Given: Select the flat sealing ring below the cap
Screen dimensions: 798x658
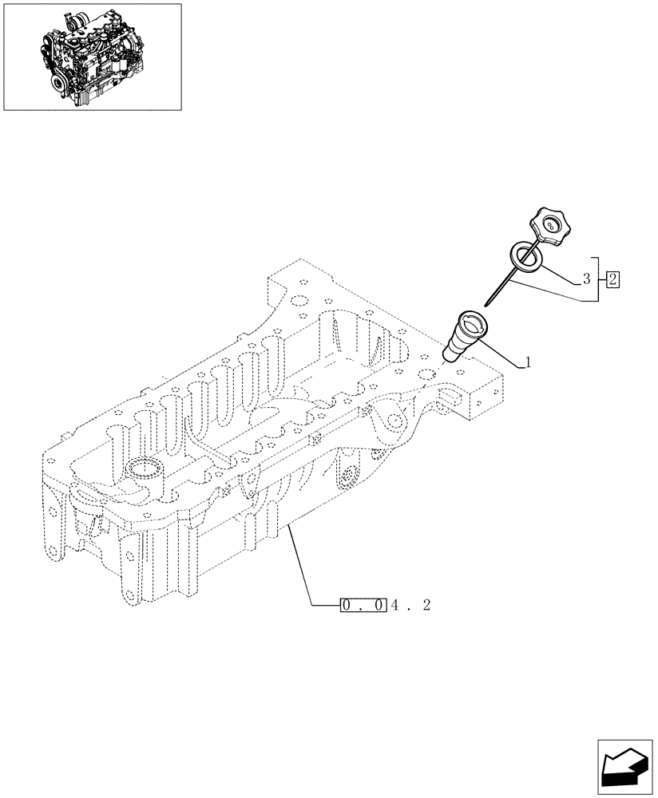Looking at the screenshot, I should tap(525, 256).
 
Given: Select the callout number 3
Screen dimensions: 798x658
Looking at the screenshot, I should tap(586, 279).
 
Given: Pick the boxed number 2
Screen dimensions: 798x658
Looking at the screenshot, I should tap(612, 279).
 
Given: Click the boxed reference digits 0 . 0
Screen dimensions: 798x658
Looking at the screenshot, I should tap(363, 606).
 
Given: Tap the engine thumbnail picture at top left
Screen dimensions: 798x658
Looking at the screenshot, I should tap(91, 56).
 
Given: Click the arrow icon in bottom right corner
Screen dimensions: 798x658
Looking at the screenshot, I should tap(624, 766).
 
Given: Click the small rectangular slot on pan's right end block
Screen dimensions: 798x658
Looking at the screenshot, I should tap(450, 393).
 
